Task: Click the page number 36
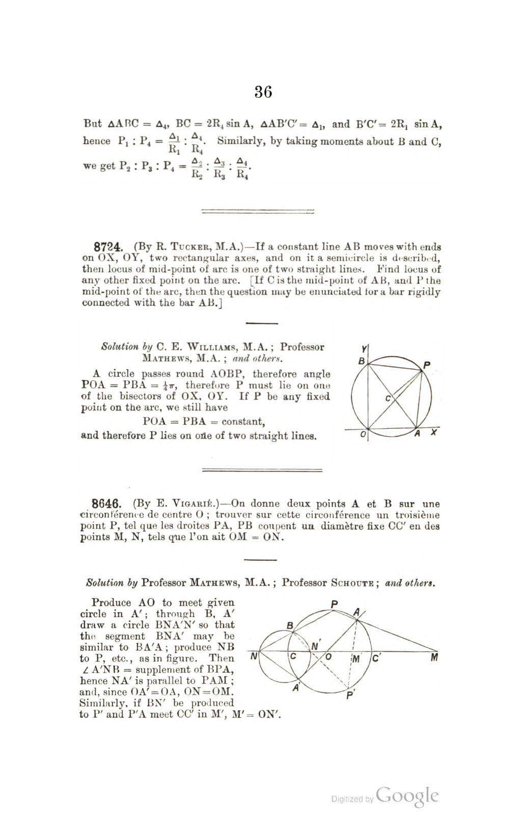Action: tap(263, 92)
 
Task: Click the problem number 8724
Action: tap(108, 247)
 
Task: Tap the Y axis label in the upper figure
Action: tap(363, 349)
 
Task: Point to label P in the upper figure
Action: tap(427, 365)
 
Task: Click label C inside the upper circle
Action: tap(388, 398)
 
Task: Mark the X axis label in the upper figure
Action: tap(433, 432)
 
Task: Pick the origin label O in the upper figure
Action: tap(363, 435)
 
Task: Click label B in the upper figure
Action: tap(362, 361)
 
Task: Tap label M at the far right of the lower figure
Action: tap(434, 657)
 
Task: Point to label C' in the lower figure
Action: tap(376, 658)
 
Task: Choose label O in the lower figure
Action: tap(329, 657)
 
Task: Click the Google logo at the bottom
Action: tap(407, 797)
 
